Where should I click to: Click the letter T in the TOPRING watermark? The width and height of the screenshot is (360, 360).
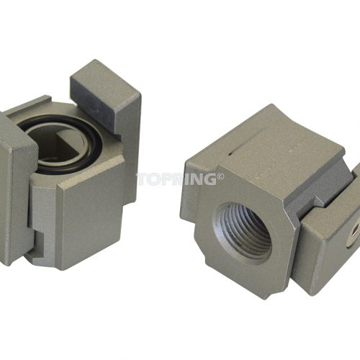[143, 179]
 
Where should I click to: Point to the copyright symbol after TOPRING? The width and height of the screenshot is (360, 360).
[220, 177]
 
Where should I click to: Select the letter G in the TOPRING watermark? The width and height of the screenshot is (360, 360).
[208, 179]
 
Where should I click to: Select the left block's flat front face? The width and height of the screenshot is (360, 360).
[92, 221]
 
